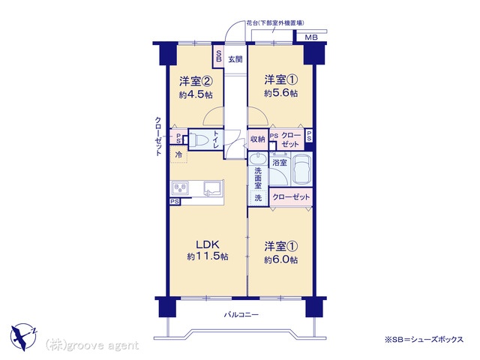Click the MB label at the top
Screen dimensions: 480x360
click(312, 37)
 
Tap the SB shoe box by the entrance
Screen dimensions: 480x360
click(218, 57)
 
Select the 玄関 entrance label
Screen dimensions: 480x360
click(235, 59)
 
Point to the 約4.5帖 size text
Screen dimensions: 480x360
click(195, 94)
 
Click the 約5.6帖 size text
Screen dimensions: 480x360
click(280, 93)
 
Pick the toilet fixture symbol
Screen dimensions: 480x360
click(199, 140)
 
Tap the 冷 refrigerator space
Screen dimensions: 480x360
click(178, 155)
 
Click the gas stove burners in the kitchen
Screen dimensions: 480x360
click(180, 188)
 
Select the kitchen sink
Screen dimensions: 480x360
click(213, 187)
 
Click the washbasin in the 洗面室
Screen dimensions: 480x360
click(258, 159)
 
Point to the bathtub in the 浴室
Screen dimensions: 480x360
click(301, 170)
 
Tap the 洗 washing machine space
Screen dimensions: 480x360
click(258, 198)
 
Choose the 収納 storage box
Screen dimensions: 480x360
click(258, 139)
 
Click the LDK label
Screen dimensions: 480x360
click(207, 244)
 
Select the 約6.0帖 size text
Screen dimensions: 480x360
click(280, 260)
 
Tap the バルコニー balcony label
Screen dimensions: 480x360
click(241, 314)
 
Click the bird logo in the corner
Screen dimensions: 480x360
click(23, 337)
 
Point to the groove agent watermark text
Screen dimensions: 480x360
click(92, 346)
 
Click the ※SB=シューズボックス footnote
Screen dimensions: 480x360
click(424, 339)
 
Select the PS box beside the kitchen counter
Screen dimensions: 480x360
click(175, 202)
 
